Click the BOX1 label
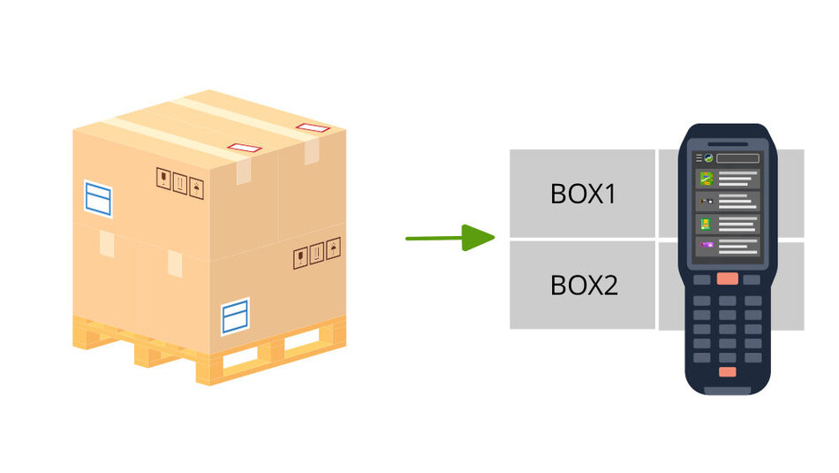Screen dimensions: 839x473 (x=583, y=194)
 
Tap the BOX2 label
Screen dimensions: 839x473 (x=585, y=285)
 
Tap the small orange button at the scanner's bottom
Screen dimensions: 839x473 (x=727, y=371)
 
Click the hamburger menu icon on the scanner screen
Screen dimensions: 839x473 (x=699, y=158)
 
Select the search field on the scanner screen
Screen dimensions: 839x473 (x=737, y=158)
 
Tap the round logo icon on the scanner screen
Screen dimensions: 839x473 (x=708, y=158)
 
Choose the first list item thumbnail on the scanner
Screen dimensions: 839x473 (x=707, y=179)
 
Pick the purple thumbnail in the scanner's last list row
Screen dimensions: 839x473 (x=707, y=245)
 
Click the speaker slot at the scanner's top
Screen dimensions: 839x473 (x=728, y=144)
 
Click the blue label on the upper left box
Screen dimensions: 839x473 (x=98, y=199)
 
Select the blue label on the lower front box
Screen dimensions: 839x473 (x=235, y=317)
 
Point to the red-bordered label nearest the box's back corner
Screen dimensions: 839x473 (x=313, y=127)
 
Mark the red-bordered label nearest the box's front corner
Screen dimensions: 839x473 (x=245, y=148)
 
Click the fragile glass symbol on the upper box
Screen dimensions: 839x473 (x=163, y=179)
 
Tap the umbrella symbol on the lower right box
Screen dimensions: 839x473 (x=333, y=248)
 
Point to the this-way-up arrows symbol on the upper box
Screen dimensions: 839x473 (x=180, y=183)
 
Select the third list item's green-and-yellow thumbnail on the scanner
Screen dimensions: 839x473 (x=707, y=224)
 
